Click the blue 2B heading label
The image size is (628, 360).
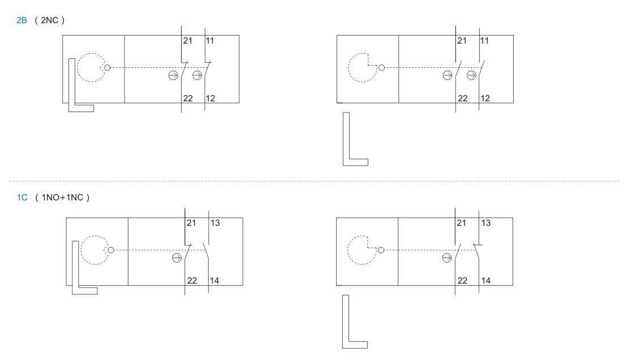click(21, 20)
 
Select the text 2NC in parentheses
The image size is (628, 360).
click(50, 20)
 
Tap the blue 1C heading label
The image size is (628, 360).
click(22, 197)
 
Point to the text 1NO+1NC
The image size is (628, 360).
click(62, 197)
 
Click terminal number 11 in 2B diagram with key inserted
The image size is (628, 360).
click(210, 41)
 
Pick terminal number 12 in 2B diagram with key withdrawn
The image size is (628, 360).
click(485, 98)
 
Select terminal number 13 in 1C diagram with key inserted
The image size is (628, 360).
click(215, 223)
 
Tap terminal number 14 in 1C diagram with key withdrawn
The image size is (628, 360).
click(486, 281)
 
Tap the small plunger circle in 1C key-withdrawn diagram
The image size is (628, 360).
click(381, 250)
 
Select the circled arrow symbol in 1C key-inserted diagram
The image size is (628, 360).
click(177, 258)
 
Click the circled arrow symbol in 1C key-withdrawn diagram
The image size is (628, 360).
click(447, 258)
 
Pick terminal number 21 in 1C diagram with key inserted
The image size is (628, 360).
click(191, 223)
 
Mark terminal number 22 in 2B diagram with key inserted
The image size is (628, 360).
click(188, 98)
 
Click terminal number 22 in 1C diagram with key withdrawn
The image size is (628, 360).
click(463, 281)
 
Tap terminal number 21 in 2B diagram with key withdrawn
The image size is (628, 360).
click(462, 41)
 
